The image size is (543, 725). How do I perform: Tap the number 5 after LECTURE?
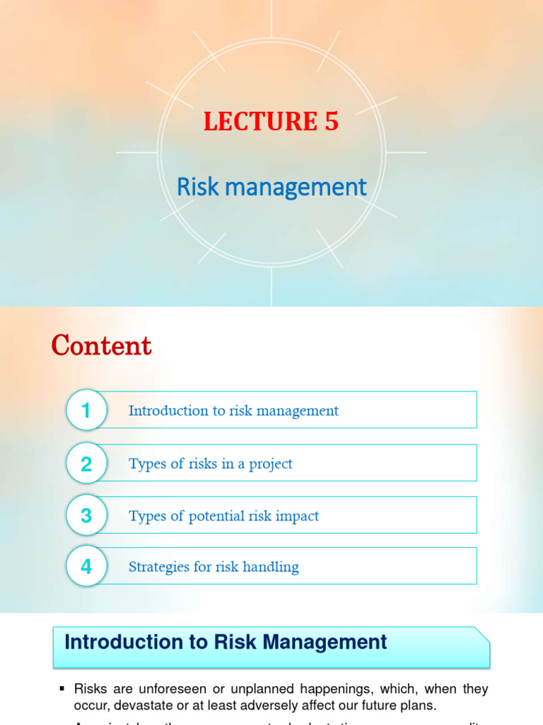click(x=332, y=122)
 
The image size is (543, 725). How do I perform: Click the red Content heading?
click(x=101, y=346)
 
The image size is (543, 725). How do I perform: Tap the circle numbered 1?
click(x=86, y=411)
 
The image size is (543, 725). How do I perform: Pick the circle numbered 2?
click(x=86, y=464)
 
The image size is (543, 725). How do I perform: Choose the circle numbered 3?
click(x=86, y=516)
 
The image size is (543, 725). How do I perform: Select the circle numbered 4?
click(x=86, y=566)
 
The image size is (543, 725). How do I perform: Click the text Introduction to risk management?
click(x=233, y=411)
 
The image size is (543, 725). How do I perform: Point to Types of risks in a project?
click(x=210, y=464)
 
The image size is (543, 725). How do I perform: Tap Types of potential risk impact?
click(x=223, y=516)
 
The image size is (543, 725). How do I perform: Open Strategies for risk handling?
click(x=214, y=566)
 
